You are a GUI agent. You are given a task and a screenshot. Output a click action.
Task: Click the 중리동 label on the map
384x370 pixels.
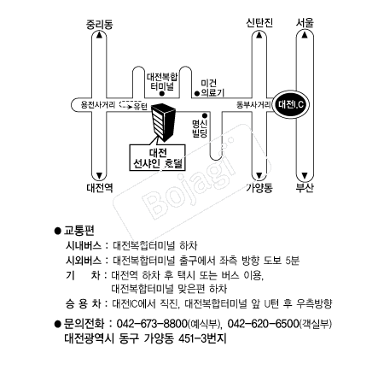[99, 24]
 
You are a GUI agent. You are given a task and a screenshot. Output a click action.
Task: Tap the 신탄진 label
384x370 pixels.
[259, 22]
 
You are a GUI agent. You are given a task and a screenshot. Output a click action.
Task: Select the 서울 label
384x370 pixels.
[305, 22]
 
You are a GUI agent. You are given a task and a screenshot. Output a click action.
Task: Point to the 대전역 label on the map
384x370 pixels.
[100, 188]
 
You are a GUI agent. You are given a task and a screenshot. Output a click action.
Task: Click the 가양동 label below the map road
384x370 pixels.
[259, 188]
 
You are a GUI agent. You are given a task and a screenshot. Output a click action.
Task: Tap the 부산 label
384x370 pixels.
[305, 188]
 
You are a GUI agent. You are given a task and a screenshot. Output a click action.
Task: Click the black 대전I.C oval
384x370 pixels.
[291, 104]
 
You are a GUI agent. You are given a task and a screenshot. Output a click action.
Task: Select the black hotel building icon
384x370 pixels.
[163, 122]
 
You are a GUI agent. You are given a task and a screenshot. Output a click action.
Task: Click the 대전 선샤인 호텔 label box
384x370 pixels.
[157, 157]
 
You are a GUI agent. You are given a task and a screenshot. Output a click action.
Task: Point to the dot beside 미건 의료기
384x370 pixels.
[196, 93]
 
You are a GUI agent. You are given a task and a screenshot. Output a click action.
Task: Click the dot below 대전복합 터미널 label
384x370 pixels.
[162, 93]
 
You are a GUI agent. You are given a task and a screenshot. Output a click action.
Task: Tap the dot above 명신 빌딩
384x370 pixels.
[204, 115]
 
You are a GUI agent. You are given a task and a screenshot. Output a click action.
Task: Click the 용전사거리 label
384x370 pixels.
[98, 105]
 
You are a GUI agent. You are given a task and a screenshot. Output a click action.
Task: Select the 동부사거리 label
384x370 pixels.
[253, 105]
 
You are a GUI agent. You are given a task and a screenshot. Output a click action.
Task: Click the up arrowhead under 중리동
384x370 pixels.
[99, 35]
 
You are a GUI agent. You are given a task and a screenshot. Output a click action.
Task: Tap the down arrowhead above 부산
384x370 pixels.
[305, 175]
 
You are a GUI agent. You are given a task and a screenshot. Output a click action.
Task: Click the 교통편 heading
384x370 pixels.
[79, 230]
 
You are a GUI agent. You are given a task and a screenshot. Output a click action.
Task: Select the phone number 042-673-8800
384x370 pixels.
[152, 324]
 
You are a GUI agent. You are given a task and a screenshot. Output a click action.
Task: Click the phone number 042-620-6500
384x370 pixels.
[263, 324]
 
